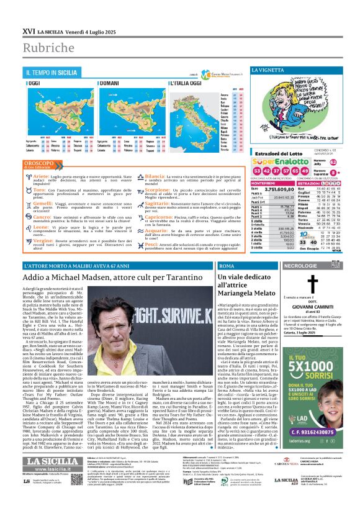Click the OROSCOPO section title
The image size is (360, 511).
[x=38, y=163]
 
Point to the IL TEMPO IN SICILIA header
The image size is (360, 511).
[x=51, y=73]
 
